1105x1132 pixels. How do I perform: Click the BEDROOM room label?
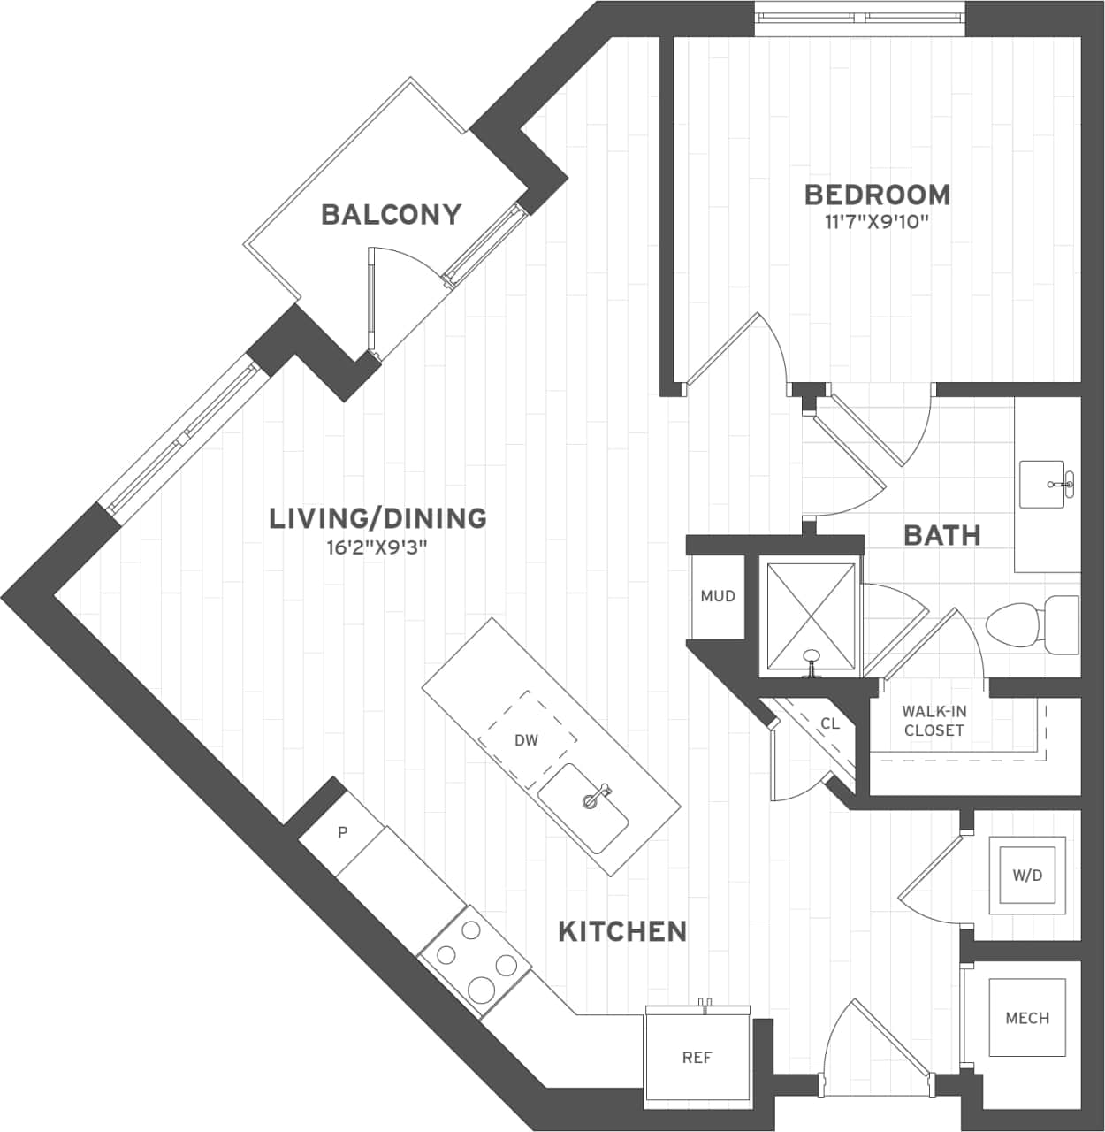pyautogui.click(x=877, y=195)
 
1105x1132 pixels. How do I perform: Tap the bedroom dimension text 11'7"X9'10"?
pyautogui.click(x=877, y=222)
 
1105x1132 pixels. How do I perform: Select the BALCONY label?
pyautogui.click(x=391, y=214)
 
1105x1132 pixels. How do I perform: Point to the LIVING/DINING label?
pyautogui.click(x=377, y=518)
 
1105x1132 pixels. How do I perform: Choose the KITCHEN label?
pyautogui.click(x=622, y=931)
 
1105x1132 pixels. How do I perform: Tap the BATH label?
pyautogui.click(x=941, y=535)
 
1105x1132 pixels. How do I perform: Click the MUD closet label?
pyautogui.click(x=717, y=596)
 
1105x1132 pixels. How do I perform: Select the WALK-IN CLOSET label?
pyautogui.click(x=934, y=721)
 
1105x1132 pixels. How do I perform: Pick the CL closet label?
pyautogui.click(x=830, y=724)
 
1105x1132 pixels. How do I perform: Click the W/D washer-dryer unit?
pyautogui.click(x=1026, y=876)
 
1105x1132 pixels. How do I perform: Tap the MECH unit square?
pyautogui.click(x=1026, y=1018)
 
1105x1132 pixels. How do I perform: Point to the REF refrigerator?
pyautogui.click(x=697, y=1057)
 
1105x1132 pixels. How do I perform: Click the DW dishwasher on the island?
pyautogui.click(x=527, y=740)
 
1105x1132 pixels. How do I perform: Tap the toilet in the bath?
pyautogui.click(x=1030, y=624)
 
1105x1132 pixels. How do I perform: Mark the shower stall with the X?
pyautogui.click(x=809, y=616)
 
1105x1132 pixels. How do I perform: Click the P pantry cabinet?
pyautogui.click(x=342, y=833)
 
